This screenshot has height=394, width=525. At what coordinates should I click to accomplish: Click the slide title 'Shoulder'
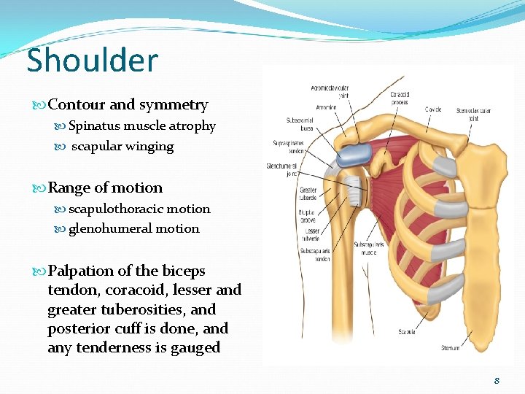[92, 60]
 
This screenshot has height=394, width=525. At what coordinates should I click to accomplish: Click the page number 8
[497, 380]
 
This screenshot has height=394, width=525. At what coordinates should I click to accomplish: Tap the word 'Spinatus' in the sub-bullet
[94, 125]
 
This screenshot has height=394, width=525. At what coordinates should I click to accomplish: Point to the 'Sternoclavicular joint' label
[473, 115]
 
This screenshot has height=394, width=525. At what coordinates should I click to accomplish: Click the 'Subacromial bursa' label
[299, 123]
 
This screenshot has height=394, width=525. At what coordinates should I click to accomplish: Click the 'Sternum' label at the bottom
[450, 348]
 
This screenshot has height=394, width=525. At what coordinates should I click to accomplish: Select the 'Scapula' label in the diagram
[406, 332]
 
